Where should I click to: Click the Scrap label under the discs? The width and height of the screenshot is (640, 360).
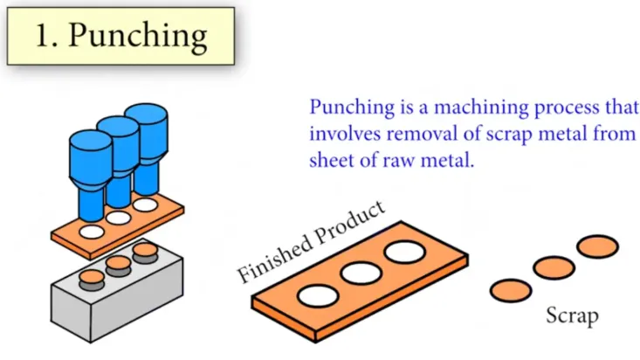point(573,315)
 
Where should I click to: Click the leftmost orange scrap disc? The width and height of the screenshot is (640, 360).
point(511,288)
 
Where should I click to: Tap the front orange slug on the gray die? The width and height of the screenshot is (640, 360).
point(90,280)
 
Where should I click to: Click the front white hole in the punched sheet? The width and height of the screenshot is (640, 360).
point(91,232)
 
